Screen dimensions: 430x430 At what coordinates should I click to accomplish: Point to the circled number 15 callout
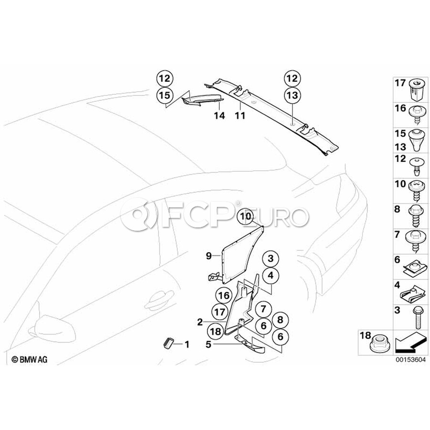tap(164, 95)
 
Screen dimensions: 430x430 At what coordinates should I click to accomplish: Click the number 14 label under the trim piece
tap(205, 115)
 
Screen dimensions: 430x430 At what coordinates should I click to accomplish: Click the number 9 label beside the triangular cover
tap(209, 256)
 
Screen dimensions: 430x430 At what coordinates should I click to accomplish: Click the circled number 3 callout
tap(270, 259)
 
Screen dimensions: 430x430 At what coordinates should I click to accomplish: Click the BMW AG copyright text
tap(30, 359)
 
